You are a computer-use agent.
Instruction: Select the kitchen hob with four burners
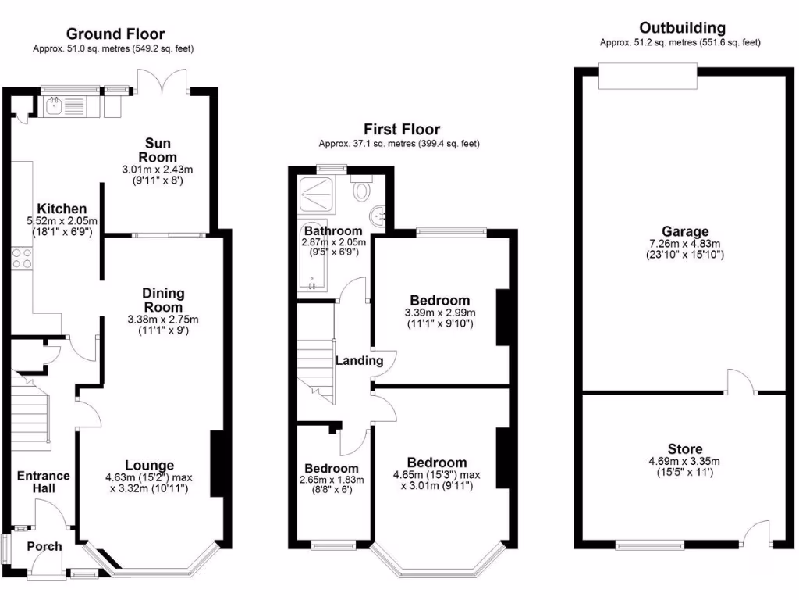click(21, 258)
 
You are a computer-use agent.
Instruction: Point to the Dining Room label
click(163, 299)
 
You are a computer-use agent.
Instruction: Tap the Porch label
click(44, 545)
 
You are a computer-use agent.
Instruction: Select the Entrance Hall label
click(43, 482)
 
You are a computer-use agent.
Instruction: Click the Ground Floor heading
click(115, 34)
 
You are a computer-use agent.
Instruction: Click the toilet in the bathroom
click(362, 190)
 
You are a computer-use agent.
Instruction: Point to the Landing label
click(359, 360)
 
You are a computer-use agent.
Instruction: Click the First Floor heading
click(402, 129)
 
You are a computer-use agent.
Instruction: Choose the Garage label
click(685, 231)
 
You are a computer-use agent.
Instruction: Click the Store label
click(684, 449)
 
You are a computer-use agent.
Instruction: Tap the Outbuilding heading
click(682, 28)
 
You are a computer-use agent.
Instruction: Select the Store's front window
click(650, 545)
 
